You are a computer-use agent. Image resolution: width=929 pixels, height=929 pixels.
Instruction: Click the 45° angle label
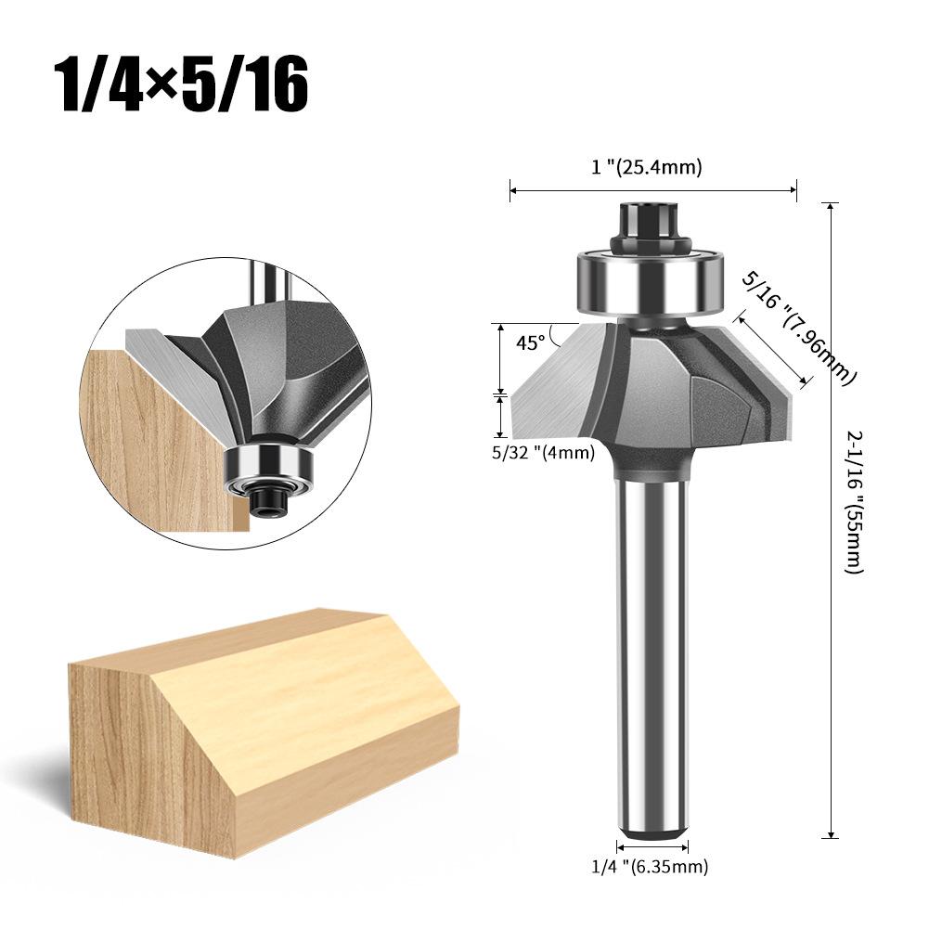(531, 342)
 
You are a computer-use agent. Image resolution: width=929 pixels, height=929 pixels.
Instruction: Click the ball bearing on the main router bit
(652, 283)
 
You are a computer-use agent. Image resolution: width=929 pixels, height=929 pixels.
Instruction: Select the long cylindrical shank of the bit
(652, 650)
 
